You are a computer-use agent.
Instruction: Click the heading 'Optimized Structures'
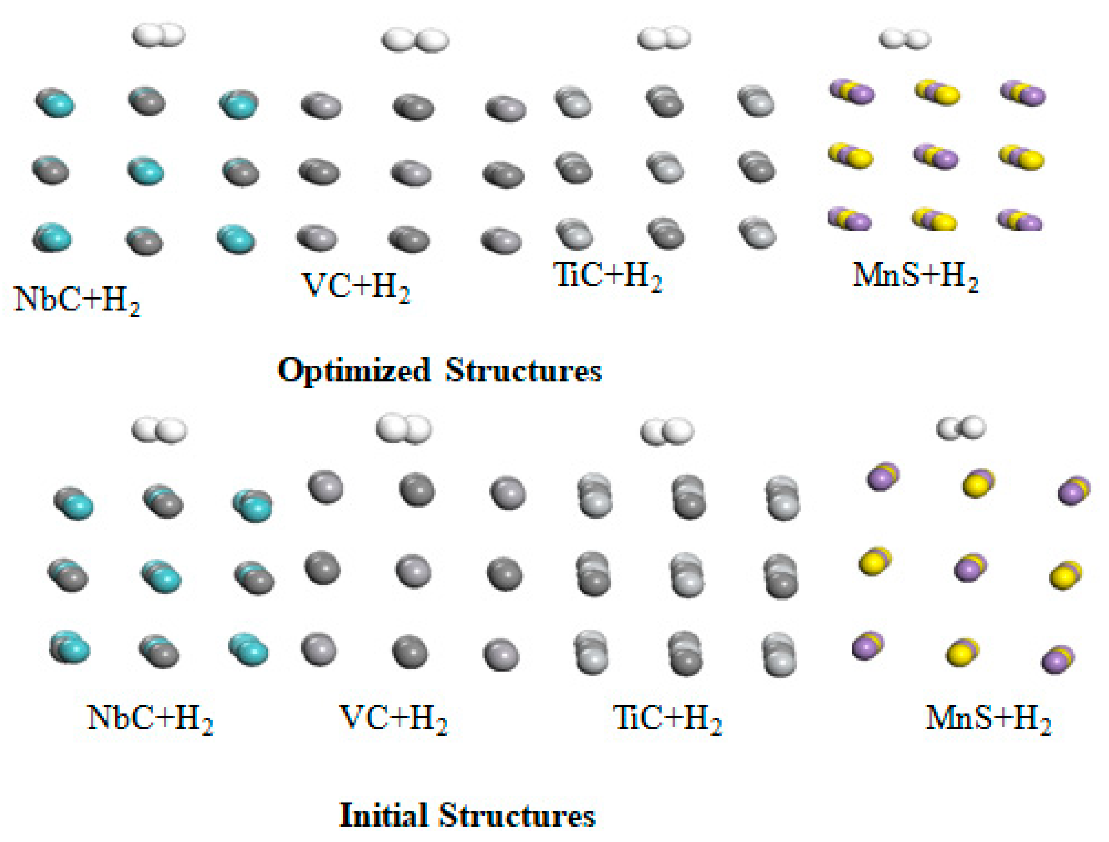click(x=440, y=371)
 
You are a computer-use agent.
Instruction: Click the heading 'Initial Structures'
click(x=467, y=815)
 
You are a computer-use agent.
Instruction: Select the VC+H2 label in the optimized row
click(x=355, y=287)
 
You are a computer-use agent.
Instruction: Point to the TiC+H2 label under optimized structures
click(x=608, y=276)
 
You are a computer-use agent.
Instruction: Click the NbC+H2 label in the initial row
click(x=150, y=719)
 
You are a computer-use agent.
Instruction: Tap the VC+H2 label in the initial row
click(x=393, y=719)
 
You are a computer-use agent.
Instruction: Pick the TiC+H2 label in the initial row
click(x=667, y=719)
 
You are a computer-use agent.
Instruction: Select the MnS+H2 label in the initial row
click(x=988, y=719)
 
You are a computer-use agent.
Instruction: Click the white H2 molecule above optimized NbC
click(x=158, y=36)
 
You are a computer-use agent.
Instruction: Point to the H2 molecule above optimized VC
click(x=415, y=40)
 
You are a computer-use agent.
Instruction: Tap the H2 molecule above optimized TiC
click(x=664, y=38)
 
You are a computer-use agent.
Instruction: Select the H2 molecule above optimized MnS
click(x=905, y=39)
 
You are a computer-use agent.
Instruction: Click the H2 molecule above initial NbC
click(x=159, y=431)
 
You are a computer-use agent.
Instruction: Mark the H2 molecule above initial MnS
click(x=961, y=428)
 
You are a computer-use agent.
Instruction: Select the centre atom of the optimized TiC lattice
click(x=665, y=167)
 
